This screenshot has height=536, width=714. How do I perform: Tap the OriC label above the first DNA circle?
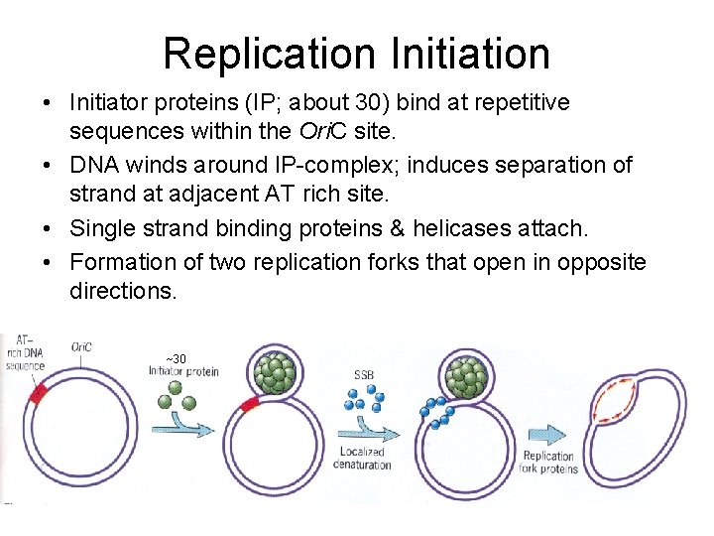(x=82, y=347)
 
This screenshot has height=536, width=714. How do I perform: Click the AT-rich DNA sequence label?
(x=25, y=352)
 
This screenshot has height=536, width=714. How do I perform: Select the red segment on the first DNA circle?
(x=39, y=394)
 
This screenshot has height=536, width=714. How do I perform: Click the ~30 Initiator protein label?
(x=183, y=365)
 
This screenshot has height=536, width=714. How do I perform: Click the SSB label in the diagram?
(x=364, y=376)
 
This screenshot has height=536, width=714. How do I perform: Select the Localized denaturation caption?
(x=362, y=458)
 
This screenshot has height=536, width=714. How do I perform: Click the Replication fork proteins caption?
(x=548, y=463)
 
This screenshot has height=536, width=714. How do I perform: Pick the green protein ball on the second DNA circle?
(x=273, y=376)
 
